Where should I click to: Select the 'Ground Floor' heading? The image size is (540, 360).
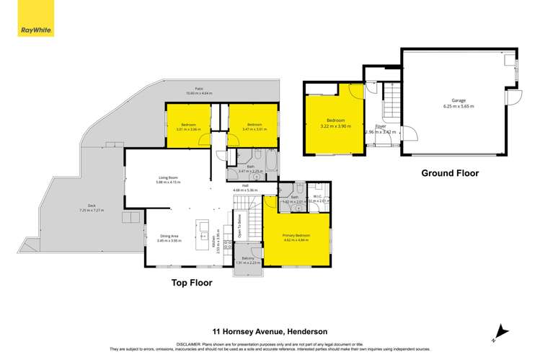click(451, 173)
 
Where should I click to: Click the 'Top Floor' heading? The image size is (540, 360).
click(192, 283)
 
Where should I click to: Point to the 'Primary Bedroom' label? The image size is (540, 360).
click(296, 235)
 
